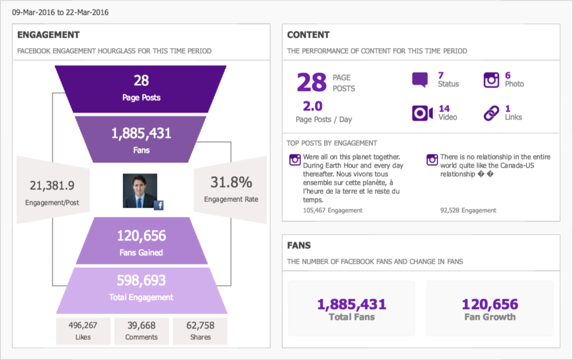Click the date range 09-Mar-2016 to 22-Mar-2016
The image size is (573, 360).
[60, 12]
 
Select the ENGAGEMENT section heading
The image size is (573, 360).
[48, 35]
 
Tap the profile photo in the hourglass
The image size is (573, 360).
[140, 191]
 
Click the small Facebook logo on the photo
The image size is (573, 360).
[158, 205]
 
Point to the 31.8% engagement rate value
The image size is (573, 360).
[231, 183]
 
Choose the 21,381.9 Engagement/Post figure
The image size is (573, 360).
[52, 185]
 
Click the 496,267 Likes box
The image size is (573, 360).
[83, 331]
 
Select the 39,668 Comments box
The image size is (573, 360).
[141, 331]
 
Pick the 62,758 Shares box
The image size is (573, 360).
[200, 331]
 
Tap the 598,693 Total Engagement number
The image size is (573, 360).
[141, 280]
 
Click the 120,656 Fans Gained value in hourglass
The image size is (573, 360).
[141, 236]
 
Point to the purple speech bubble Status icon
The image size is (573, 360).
[420, 80]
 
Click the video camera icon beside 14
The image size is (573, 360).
[422, 113]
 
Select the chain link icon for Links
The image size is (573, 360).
[491, 113]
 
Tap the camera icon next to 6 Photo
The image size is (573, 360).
[491, 80]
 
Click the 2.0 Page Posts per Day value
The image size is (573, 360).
[313, 106]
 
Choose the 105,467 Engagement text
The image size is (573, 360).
[332, 211]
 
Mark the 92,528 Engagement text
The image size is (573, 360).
[468, 211]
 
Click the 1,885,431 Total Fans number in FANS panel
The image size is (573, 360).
[352, 304]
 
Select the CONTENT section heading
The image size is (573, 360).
[308, 35]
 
